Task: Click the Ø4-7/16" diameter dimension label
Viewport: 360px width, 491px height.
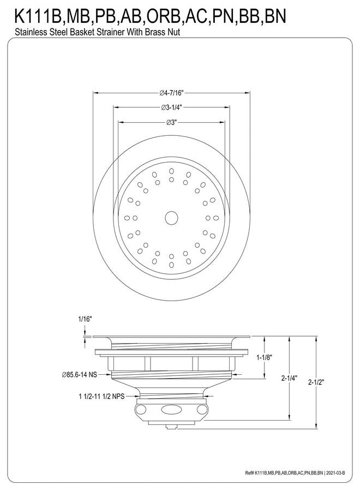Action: pos(171,93)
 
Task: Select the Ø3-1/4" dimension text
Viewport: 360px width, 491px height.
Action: pos(171,107)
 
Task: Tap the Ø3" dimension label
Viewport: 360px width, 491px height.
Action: pos(172,122)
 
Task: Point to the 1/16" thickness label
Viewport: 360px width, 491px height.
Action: pos(85,319)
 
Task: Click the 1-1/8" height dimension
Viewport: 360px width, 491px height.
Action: pos(264,357)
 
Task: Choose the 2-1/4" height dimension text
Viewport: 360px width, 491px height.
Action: pos(289,378)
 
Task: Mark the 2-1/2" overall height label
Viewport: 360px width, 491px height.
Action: pos(316,382)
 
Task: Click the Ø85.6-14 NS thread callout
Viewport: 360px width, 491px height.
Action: pos(80,374)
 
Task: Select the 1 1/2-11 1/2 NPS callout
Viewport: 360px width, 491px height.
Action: pos(101,397)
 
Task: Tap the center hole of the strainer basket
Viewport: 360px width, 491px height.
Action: pos(171,218)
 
